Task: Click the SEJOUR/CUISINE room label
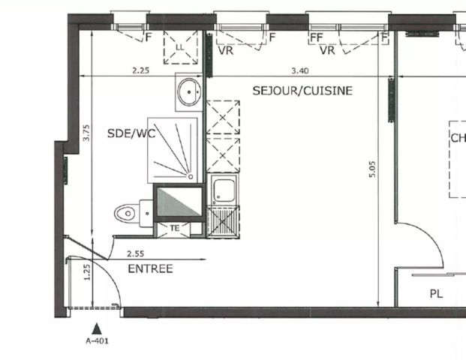(302, 91)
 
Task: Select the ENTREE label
(150, 268)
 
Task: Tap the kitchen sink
(223, 191)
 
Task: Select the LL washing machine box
(179, 47)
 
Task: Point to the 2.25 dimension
(140, 70)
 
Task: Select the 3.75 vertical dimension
(86, 133)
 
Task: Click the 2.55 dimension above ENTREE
(136, 254)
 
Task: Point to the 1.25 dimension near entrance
(86, 271)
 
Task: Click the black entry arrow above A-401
(96, 328)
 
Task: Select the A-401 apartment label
(97, 341)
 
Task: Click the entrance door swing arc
(113, 281)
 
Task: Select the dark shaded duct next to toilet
(179, 202)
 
